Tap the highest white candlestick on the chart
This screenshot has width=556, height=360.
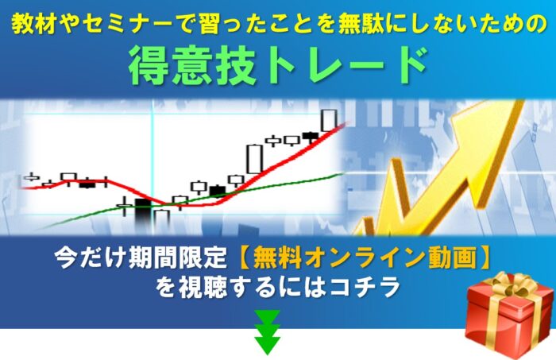click(329, 119)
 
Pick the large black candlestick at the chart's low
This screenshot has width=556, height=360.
click(143, 212)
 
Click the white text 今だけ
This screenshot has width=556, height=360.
click(85, 258)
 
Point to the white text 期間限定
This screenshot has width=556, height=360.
click(176, 258)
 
